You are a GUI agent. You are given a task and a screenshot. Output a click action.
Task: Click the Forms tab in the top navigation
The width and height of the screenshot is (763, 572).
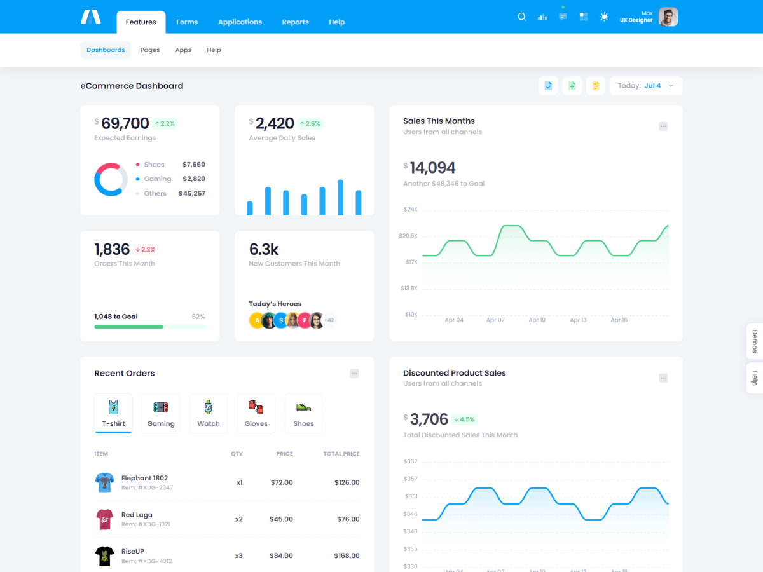coord(187,22)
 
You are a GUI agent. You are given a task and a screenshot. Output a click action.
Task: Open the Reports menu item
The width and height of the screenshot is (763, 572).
coord(295,22)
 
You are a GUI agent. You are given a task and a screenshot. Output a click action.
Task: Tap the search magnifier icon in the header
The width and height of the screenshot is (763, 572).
coord(522,17)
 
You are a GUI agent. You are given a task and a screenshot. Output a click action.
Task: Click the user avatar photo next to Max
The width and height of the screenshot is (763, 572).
coord(668,17)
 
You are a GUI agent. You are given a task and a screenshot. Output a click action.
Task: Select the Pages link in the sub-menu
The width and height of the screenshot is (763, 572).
coord(150,50)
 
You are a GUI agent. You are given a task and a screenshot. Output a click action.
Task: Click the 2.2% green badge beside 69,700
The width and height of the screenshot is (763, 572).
coord(164,123)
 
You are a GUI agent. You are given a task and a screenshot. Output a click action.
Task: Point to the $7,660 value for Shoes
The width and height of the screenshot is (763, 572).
coord(194,165)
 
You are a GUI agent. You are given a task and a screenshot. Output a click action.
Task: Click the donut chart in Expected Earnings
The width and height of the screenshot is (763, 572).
coord(111,180)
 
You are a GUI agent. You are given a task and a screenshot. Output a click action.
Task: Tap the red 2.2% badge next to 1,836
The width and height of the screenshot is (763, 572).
coord(146,250)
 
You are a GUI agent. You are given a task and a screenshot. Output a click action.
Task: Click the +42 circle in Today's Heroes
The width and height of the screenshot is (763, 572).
coord(329,320)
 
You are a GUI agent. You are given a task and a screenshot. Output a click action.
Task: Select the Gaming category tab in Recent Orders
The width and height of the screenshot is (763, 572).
coord(161,413)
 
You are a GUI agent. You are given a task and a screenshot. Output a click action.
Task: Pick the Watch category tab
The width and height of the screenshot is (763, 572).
coord(209,413)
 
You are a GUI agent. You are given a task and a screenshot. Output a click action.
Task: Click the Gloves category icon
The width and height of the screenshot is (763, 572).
coord(256,407)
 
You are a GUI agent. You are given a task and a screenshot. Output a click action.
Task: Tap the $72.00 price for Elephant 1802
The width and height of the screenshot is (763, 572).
coord(282,482)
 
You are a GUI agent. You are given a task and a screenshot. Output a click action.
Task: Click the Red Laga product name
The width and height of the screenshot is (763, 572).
coord(137,515)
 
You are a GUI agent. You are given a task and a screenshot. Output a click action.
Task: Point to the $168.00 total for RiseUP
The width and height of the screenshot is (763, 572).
coord(347,555)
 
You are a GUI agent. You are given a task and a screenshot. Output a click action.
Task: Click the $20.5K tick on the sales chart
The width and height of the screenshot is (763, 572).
coord(408,236)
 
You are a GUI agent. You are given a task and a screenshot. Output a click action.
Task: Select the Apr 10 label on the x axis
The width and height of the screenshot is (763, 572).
coord(537,320)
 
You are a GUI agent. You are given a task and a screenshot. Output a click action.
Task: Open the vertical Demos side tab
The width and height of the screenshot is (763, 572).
coord(755,341)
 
